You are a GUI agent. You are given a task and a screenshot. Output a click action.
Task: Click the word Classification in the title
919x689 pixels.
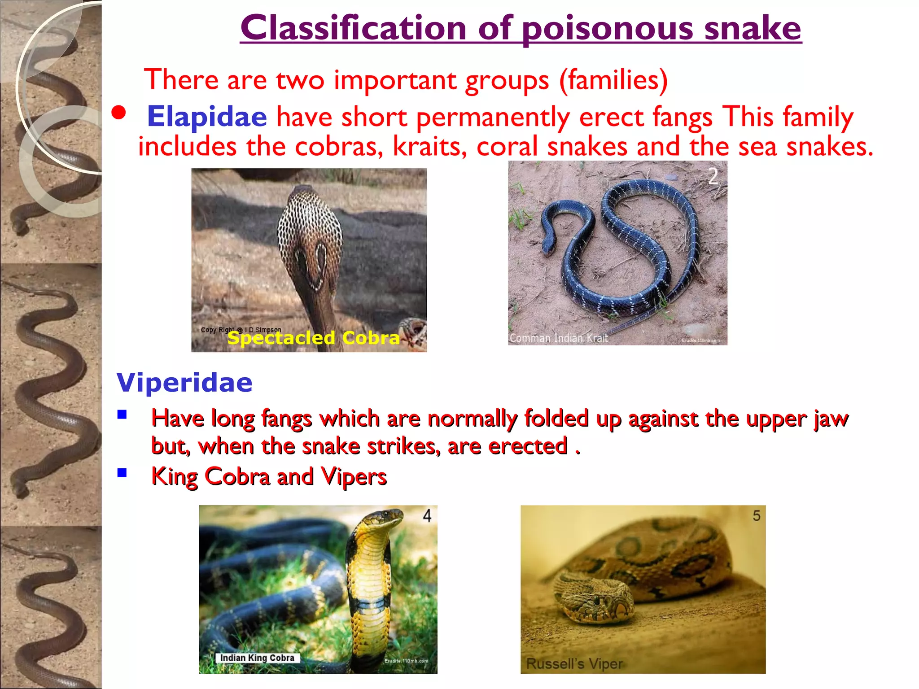coord(353,28)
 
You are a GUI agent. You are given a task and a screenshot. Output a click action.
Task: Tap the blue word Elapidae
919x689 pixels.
coord(207,117)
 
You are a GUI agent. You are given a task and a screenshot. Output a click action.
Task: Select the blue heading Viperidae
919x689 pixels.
coord(184,383)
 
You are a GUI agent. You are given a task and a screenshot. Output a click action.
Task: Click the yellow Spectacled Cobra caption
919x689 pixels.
coord(313,338)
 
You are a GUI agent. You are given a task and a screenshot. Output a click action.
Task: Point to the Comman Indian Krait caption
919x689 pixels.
coord(559,338)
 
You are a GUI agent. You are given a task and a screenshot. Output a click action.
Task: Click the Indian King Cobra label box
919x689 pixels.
coord(257,658)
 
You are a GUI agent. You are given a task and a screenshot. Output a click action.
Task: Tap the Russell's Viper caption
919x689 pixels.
coord(574,663)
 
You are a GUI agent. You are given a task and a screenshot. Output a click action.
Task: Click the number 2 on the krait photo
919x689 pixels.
coord(713,176)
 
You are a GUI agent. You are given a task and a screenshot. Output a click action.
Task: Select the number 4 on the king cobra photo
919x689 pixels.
coord(427,516)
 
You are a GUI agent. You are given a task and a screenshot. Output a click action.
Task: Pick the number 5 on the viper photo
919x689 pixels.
coord(757,516)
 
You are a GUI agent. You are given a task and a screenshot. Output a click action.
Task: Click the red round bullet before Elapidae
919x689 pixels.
coord(119,113)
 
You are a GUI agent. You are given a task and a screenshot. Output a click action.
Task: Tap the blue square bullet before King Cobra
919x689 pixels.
coord(122,473)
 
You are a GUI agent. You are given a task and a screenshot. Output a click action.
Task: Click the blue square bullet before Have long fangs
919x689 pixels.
coord(122,414)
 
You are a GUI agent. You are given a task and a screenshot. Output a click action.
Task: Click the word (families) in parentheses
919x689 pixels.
coord(613,80)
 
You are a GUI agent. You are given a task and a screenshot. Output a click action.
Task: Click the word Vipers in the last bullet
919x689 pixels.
coord(354,476)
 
